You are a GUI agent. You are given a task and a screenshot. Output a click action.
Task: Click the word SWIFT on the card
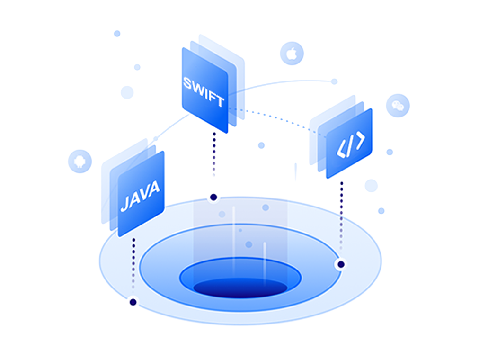pos(204,92)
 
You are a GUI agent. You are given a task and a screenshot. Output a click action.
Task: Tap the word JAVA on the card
pos(140,196)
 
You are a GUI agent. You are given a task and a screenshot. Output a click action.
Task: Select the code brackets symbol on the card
pos(351,144)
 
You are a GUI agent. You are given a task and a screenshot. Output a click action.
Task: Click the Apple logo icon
pos(292,54)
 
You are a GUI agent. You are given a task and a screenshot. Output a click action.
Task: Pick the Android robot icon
pos(80,162)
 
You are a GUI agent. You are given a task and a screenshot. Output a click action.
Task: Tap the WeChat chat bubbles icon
pos(398,106)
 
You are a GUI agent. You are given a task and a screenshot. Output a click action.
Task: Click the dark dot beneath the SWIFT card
pos(213,197)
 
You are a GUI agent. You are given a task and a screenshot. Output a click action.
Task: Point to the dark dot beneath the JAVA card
pos(133,302)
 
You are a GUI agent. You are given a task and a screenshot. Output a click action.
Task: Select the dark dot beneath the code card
pos(341,264)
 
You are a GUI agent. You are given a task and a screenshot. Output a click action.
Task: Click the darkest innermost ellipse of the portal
pos(240,288)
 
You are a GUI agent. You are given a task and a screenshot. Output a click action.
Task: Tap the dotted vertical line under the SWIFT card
pos(214,154)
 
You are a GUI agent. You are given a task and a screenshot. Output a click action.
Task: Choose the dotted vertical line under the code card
pos(341,216)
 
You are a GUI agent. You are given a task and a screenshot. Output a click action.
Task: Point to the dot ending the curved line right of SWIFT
pos(334,81)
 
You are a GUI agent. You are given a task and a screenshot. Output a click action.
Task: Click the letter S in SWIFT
pos(187,83)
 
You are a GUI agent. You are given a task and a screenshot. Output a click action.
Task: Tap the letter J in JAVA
pos(124,205)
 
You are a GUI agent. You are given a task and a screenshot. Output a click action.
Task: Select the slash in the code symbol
pos(350,145)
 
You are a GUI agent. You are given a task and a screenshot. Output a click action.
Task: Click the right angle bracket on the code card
pos(361,140)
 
